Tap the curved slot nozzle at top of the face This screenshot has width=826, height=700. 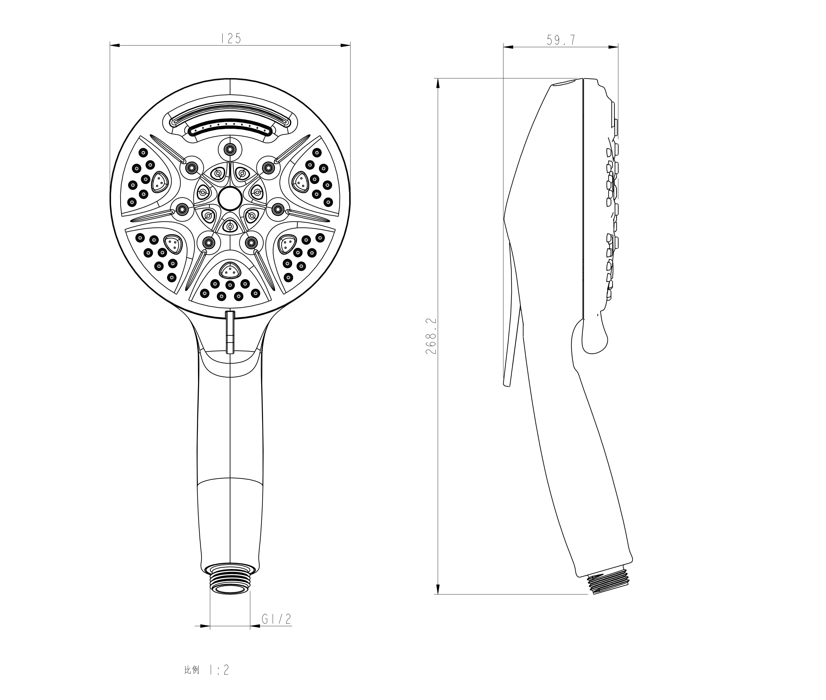pyautogui.click(x=230, y=128)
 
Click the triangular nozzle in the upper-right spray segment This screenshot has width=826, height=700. pyautogui.click(x=301, y=182)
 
